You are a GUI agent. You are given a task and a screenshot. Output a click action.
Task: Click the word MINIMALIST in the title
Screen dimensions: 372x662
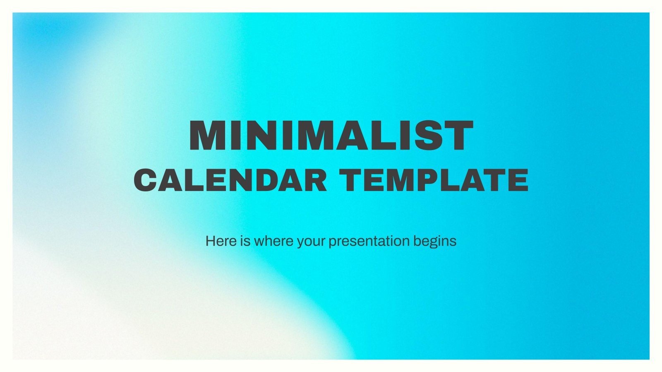331,136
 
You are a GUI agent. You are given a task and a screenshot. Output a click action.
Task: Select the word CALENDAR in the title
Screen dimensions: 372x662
230,180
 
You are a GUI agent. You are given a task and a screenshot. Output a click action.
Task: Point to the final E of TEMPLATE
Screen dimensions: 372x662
518,180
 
